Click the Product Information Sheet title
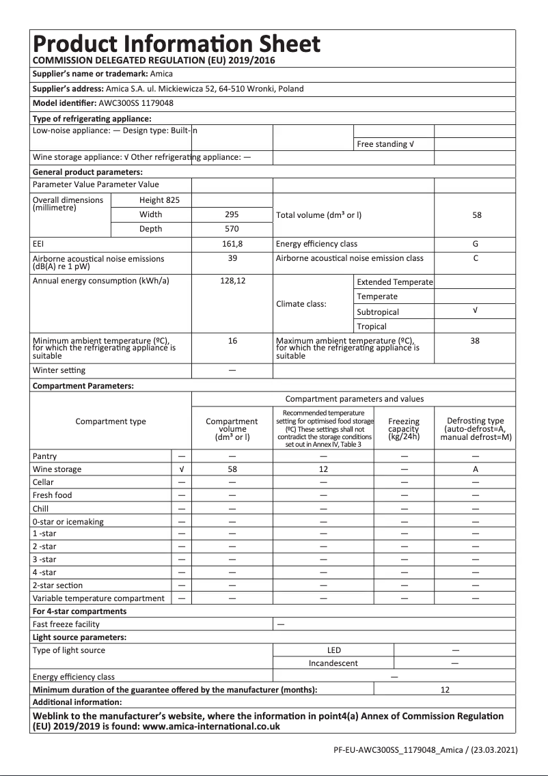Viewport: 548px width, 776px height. (176, 44)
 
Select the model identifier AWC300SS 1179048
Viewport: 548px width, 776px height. (136, 104)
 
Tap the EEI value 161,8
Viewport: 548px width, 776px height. (232, 244)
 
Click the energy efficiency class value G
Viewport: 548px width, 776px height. (475, 244)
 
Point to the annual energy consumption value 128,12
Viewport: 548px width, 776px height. (232, 281)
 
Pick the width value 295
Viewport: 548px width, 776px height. (232, 214)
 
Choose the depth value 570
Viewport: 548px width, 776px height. (232, 229)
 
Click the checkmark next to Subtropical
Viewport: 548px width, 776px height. (475, 311)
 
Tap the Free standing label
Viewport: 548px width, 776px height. (385, 144)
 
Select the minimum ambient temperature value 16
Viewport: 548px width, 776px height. (232, 340)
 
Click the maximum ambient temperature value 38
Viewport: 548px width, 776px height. (475, 340)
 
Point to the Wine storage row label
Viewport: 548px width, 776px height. (57, 469)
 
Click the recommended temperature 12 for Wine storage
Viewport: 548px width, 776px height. (324, 469)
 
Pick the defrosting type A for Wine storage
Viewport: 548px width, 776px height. (475, 469)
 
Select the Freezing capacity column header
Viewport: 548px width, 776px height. (404, 429)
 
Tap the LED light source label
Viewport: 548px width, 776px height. (333, 650)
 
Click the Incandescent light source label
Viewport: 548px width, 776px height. (333, 663)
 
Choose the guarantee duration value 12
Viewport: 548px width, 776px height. (445, 690)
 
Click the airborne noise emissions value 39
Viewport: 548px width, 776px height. (232, 258)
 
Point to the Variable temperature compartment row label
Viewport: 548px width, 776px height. (98, 598)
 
